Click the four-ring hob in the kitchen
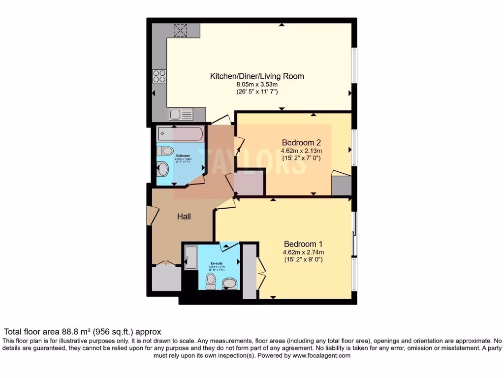[x=159, y=76]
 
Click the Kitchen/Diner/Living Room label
[x=257, y=76]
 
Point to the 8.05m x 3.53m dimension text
[x=257, y=85]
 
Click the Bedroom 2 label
[x=301, y=142]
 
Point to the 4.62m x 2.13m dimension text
[x=301, y=151]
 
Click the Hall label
[x=184, y=217]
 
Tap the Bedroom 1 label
[x=303, y=244]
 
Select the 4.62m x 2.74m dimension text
[x=303, y=252]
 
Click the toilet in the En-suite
[x=211, y=281]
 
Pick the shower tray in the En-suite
[x=190, y=257]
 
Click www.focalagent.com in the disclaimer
[x=321, y=355]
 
